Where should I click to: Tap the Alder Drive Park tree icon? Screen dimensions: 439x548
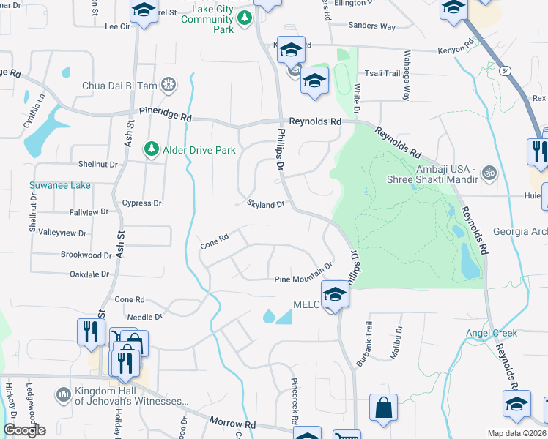(152, 149)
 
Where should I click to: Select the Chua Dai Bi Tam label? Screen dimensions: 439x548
(120, 86)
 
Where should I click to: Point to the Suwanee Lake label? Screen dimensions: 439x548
(60, 185)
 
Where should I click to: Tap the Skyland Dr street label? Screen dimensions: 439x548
(265, 204)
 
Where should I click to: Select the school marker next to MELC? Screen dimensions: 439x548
(334, 294)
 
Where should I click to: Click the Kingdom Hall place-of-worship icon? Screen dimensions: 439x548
(64, 395)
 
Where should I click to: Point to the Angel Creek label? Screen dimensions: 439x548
(492, 333)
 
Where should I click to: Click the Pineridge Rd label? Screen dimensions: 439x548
(166, 116)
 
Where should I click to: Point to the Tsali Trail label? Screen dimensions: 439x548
(383, 73)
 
